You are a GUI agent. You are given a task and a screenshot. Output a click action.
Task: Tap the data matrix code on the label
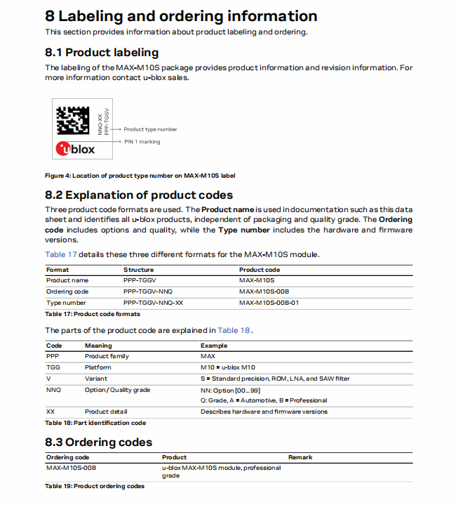click(x=73, y=120)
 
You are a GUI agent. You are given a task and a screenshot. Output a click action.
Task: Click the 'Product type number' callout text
click(x=150, y=129)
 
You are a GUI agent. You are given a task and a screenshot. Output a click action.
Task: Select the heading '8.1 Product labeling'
click(x=102, y=52)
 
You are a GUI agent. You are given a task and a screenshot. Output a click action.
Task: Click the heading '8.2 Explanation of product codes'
click(x=139, y=195)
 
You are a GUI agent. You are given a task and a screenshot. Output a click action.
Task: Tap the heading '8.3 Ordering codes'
click(x=98, y=442)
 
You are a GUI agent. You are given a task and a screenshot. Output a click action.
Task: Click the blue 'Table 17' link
click(x=61, y=254)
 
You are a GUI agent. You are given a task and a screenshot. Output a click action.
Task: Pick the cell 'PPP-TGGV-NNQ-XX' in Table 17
click(x=153, y=303)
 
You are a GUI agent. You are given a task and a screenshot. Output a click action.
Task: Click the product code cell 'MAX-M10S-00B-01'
click(x=269, y=303)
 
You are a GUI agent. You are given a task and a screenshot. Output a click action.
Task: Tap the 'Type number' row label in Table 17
click(x=66, y=303)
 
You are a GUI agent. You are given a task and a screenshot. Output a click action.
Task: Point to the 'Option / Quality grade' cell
click(x=118, y=390)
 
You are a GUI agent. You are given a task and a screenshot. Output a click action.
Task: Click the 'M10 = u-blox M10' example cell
click(x=228, y=367)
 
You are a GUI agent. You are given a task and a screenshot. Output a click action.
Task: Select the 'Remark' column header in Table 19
click(x=300, y=457)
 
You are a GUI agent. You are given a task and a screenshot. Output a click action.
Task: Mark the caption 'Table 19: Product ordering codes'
click(x=95, y=486)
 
